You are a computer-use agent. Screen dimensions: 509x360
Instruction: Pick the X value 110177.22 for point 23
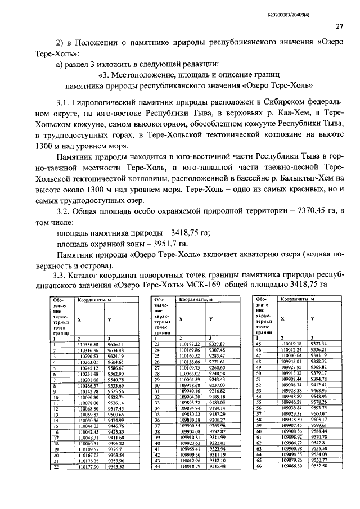[190, 344]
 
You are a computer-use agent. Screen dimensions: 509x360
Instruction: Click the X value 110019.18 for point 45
[292, 344]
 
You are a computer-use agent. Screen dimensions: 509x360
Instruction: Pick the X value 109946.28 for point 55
[292, 402]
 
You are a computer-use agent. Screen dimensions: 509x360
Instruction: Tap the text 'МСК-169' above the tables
[207, 286]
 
